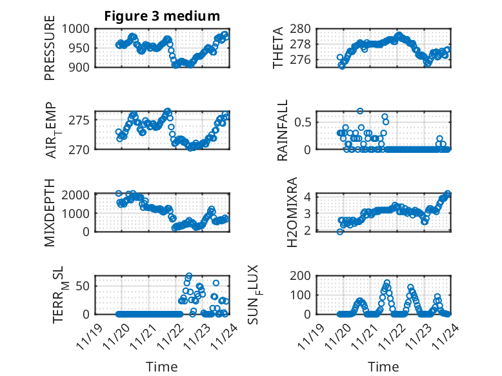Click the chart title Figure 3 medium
(162, 15)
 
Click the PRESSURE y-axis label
(50, 52)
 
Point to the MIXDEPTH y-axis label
(50, 213)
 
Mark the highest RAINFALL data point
(360, 111)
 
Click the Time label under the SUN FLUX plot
(383, 366)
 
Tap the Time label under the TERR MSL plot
(162, 366)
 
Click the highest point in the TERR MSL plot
(189, 276)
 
